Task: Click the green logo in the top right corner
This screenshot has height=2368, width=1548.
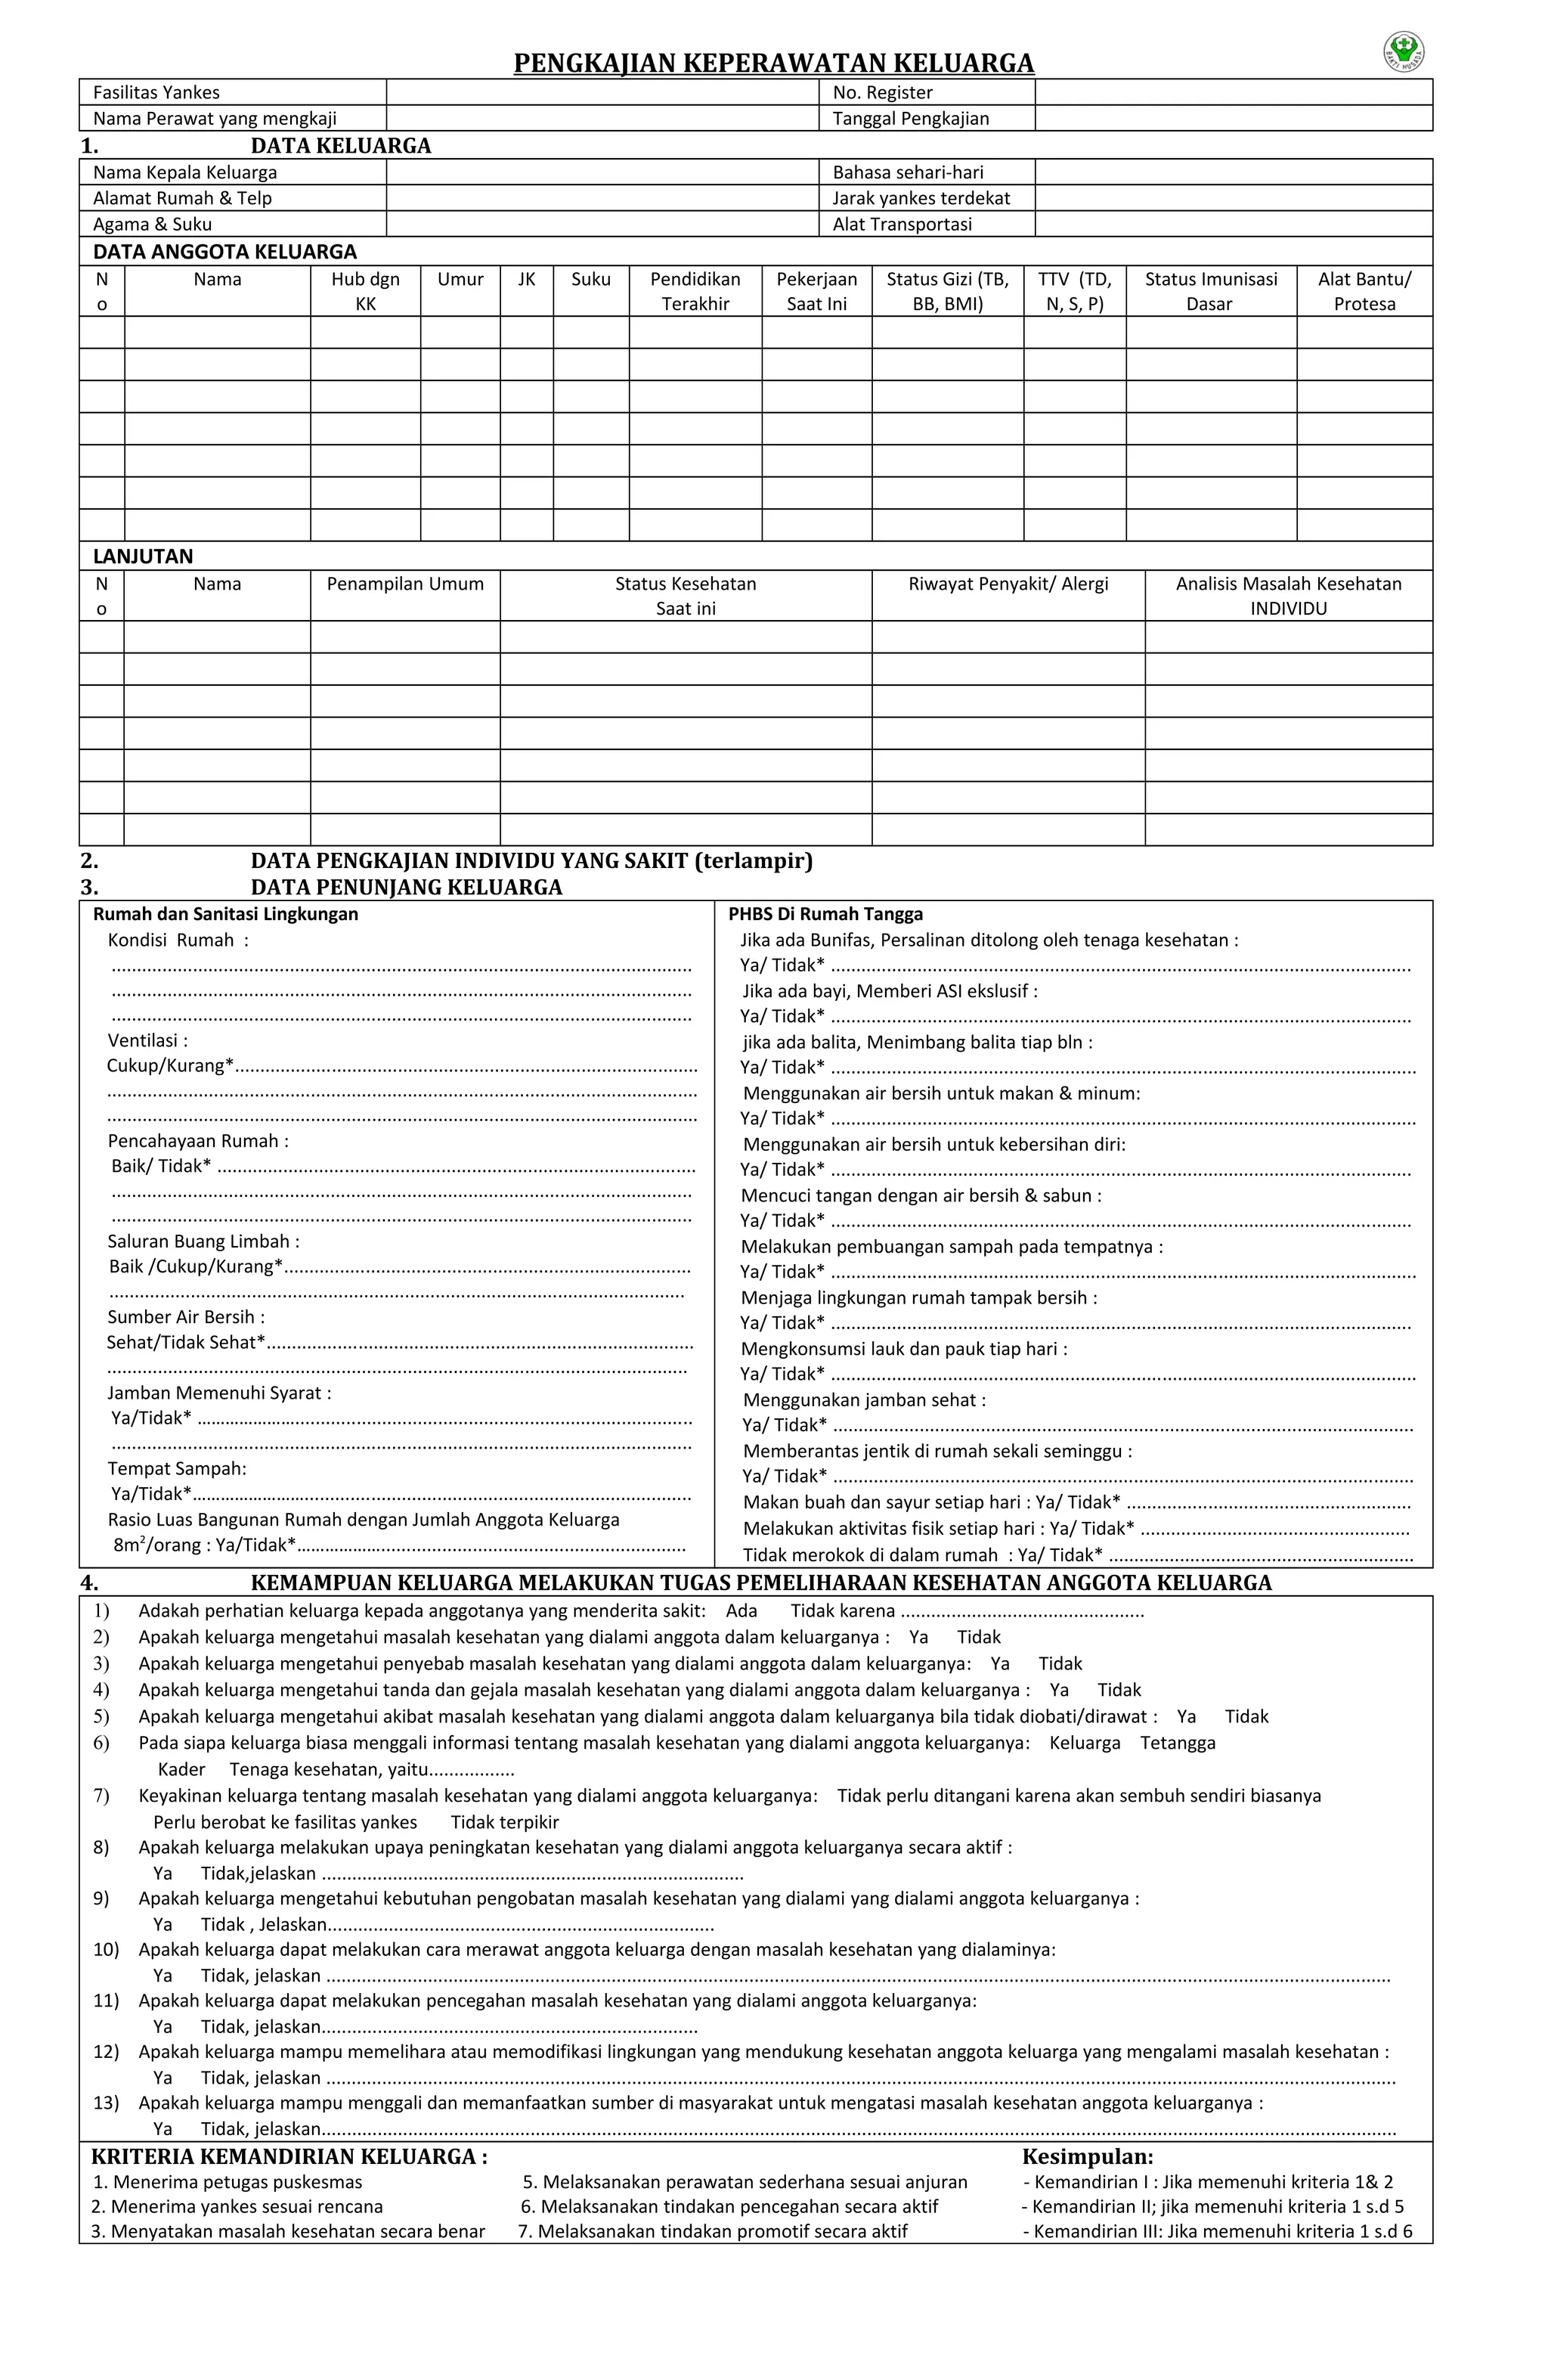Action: tap(1404, 51)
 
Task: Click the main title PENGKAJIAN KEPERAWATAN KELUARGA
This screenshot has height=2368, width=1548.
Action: tap(773, 64)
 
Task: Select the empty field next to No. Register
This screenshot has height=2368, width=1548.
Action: tap(1233, 92)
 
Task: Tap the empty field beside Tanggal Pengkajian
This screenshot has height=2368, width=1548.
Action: tap(1233, 119)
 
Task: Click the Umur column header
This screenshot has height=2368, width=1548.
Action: tap(460, 280)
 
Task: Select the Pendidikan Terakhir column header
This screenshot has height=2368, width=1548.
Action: tap(695, 292)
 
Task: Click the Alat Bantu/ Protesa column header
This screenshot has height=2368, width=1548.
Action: tap(1364, 292)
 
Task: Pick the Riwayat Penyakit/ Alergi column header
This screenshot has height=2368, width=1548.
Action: tap(1007, 584)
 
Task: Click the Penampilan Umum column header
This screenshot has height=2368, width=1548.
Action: tap(405, 584)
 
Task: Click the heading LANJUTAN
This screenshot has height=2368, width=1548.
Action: tap(144, 556)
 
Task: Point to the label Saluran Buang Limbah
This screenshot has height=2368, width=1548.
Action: tap(203, 1241)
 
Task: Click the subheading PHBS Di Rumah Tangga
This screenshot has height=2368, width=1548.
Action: tap(825, 913)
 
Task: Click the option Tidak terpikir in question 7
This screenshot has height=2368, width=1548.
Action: tap(504, 1822)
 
